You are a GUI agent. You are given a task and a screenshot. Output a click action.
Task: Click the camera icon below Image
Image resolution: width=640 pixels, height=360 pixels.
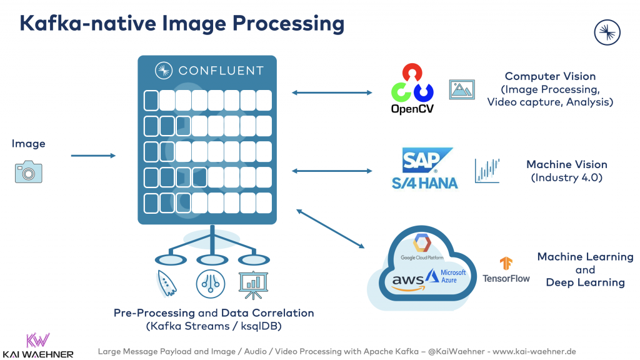pos(29,172)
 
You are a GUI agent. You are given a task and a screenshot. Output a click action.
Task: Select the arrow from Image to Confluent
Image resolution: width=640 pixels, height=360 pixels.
pos(93,156)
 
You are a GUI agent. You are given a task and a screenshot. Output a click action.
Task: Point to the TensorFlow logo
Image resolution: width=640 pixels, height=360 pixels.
pos(506,270)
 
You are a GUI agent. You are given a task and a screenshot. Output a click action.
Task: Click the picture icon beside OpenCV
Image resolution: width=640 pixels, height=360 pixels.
pos(462,89)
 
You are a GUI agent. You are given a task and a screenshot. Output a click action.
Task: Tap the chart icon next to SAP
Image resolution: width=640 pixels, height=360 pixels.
pos(487,170)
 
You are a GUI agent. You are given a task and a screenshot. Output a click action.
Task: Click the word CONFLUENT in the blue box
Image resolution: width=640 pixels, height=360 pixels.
pos(221,70)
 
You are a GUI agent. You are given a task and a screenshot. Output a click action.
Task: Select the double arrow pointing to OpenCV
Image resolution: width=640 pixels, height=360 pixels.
pos(332,93)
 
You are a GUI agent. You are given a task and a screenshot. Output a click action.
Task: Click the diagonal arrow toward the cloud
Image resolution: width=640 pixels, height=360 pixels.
pos(331,229)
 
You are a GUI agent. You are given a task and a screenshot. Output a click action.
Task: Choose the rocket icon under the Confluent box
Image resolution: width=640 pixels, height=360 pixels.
pos(165,284)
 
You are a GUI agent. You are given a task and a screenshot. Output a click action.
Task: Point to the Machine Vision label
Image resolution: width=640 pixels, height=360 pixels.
pos(566,164)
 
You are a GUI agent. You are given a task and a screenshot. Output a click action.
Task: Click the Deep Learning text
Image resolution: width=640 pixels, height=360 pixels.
pos(585,282)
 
